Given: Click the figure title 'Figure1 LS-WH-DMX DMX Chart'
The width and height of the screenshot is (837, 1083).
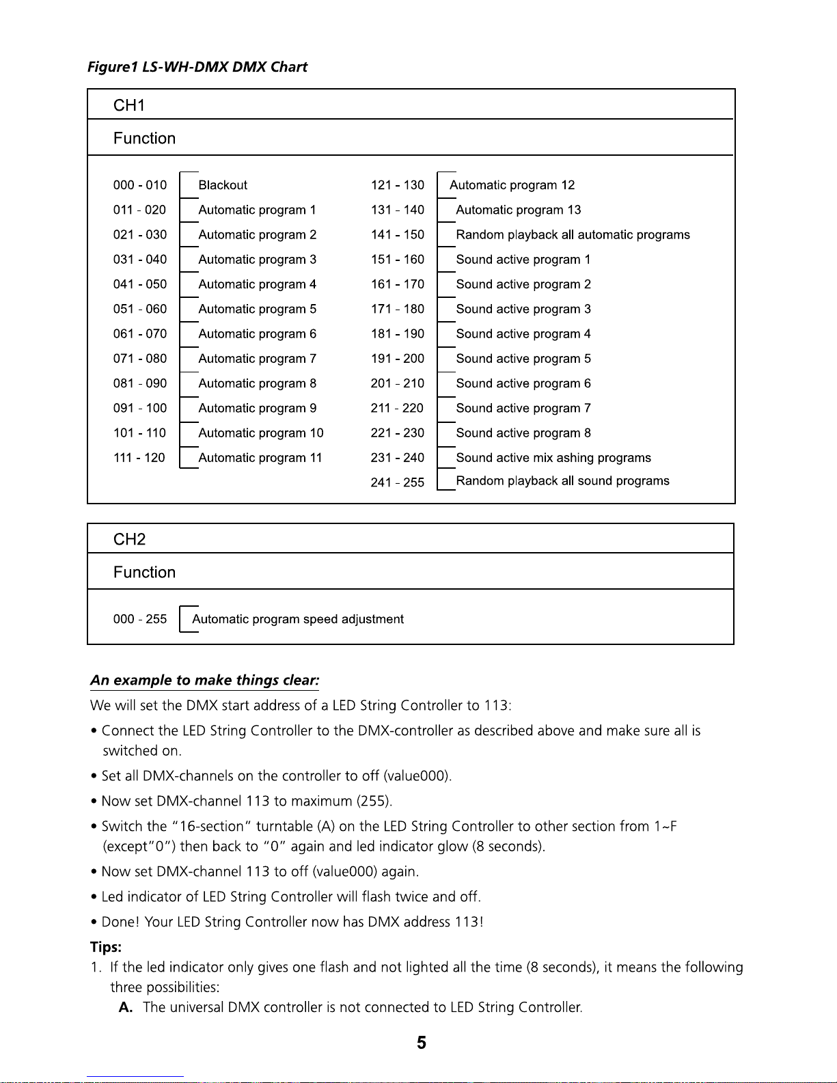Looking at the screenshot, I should click(197, 67).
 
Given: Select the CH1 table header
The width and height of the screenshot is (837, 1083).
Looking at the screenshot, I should click(129, 105).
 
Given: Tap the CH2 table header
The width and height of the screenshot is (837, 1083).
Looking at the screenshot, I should click(129, 539).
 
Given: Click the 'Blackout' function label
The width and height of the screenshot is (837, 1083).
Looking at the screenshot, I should click(223, 185).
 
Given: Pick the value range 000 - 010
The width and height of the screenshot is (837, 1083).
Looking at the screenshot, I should click(139, 185).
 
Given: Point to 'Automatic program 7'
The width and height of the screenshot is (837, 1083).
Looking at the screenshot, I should click(257, 359).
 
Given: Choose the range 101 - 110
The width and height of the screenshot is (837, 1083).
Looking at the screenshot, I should click(139, 433).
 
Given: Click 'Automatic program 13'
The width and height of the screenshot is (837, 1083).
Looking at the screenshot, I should click(518, 210).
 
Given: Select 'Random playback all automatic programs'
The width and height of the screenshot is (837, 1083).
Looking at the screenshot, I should click(573, 235).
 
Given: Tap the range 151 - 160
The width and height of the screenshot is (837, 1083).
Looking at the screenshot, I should click(397, 260).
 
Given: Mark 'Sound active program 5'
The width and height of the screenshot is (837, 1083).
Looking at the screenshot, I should click(523, 359).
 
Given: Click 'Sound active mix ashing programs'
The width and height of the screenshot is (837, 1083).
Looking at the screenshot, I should click(553, 458).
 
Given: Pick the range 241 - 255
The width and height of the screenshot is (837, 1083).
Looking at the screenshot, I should click(397, 482).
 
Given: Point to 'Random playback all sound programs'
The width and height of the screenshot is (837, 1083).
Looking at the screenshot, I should click(562, 481).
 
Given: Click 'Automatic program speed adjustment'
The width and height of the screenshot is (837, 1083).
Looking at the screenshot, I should click(298, 619).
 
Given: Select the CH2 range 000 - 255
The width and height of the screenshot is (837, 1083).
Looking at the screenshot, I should click(139, 619).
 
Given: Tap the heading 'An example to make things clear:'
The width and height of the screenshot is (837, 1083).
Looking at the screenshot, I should click(205, 681).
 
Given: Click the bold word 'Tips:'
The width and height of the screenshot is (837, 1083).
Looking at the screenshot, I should click(106, 947).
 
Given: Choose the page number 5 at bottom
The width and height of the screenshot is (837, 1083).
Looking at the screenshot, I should click(422, 1043).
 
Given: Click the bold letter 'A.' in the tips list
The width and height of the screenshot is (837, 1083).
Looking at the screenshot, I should click(126, 1007).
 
